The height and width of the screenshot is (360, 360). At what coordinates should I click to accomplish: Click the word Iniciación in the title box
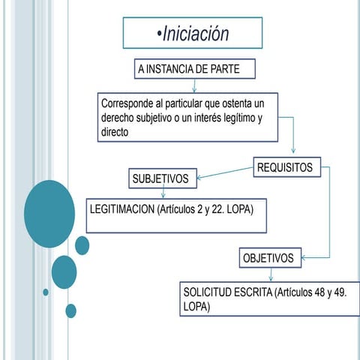pyautogui.click(x=196, y=34)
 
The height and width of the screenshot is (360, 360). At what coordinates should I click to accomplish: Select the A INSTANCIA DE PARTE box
pyautogui.click(x=195, y=69)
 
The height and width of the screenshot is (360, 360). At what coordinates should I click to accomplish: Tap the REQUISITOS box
pyautogui.click(x=287, y=167)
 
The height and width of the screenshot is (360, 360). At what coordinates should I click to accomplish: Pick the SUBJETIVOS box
pyautogui.click(x=163, y=178)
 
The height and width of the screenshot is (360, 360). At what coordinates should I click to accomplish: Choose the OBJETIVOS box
pyautogui.click(x=270, y=258)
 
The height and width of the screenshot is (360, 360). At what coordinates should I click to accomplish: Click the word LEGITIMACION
pyautogui.click(x=122, y=209)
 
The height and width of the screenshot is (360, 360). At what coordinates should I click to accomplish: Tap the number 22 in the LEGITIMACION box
pyautogui.click(x=217, y=209)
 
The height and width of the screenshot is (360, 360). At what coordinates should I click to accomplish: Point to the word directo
pyautogui.click(x=115, y=132)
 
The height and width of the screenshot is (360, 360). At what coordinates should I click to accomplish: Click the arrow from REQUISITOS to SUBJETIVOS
pyautogui.click(x=225, y=172)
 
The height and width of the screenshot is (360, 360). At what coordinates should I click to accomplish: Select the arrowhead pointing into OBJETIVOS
pyautogui.click(x=304, y=258)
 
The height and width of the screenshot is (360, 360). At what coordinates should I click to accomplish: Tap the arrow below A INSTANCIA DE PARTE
pyautogui.click(x=194, y=85)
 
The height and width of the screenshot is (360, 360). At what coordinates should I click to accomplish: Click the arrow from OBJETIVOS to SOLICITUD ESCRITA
pyautogui.click(x=271, y=274)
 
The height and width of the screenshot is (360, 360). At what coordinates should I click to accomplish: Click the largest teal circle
pyautogui.click(x=49, y=214)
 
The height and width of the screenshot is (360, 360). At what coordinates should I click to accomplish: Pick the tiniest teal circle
pyautogui.click(x=46, y=292)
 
